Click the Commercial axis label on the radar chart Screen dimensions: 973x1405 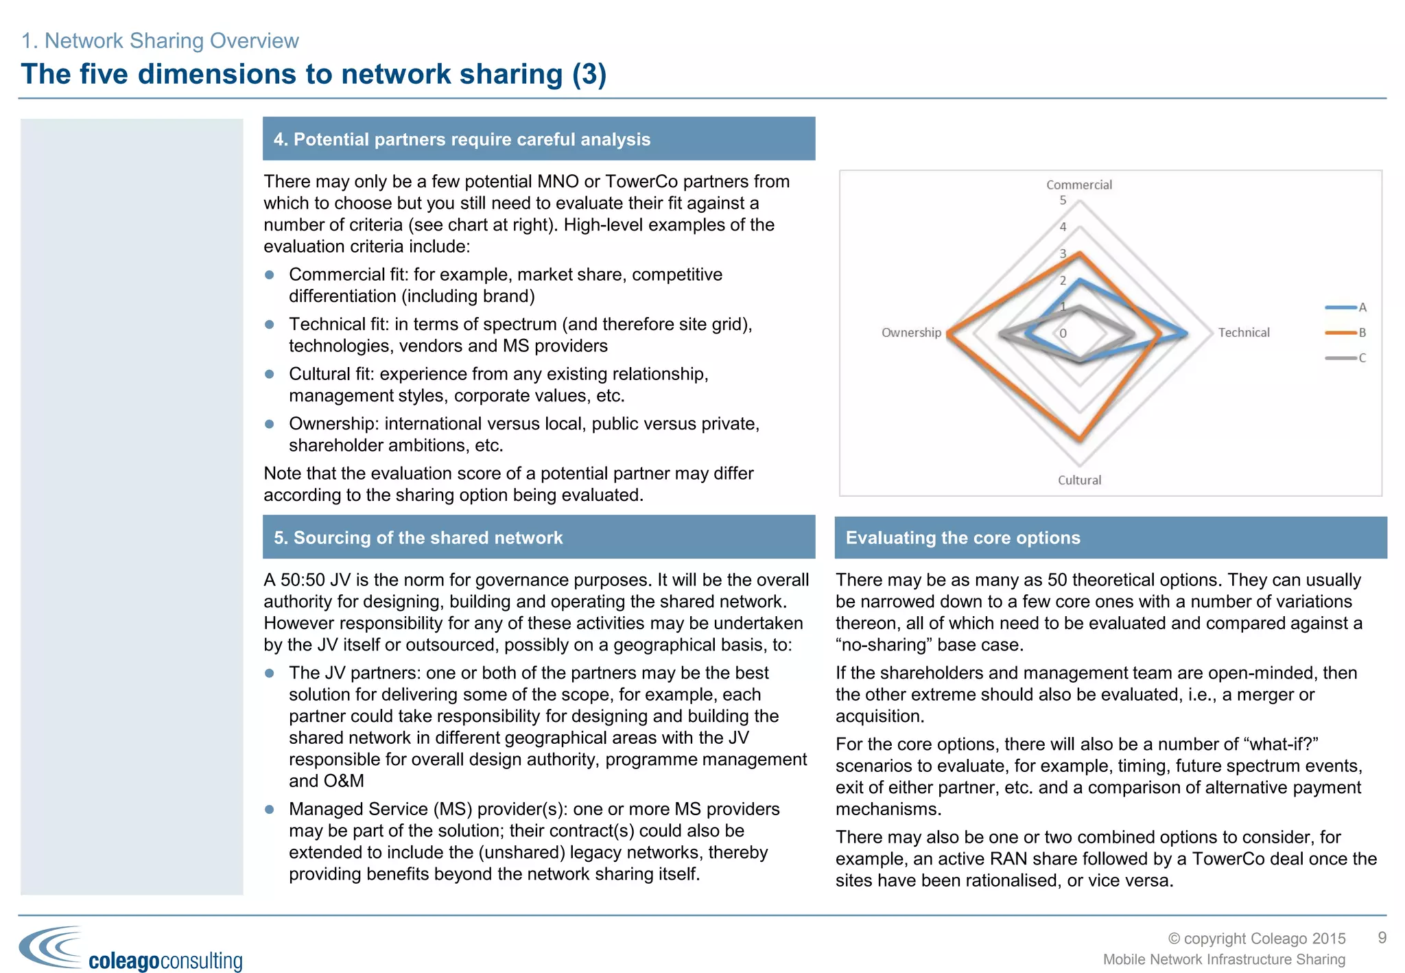pyautogui.click(x=1078, y=185)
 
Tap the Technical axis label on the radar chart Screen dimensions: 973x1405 pyautogui.click(x=1243, y=333)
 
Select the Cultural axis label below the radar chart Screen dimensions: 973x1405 pyautogui.click(x=1079, y=480)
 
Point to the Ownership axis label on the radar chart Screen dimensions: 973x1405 pyautogui.click(x=911, y=333)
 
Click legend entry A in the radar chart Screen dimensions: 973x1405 pyautogui.click(x=1362, y=307)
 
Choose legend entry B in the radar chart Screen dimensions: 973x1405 pyautogui.click(x=1362, y=333)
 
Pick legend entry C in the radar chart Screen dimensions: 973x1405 pyautogui.click(x=1362, y=358)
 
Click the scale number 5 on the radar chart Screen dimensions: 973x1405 pyautogui.click(x=1063, y=200)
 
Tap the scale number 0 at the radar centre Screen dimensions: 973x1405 pyautogui.click(x=1063, y=333)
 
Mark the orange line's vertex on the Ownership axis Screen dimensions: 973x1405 pyautogui.click(x=947, y=333)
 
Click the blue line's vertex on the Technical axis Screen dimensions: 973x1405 pyautogui.click(x=1186, y=333)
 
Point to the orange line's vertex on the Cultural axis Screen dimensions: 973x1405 pyautogui.click(x=1080, y=440)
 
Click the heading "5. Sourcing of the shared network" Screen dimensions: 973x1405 pyautogui.click(x=418, y=538)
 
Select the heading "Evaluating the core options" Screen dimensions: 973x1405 pyautogui.click(x=963, y=538)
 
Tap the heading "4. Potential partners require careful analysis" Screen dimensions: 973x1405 pyautogui.click(x=462, y=139)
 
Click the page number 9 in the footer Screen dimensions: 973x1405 pyautogui.click(x=1382, y=937)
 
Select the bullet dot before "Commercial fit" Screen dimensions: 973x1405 pyautogui.click(x=270, y=274)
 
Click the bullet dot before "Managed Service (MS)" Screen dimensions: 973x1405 pyautogui.click(x=270, y=810)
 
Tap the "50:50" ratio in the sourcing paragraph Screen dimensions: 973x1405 pyautogui.click(x=302, y=581)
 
